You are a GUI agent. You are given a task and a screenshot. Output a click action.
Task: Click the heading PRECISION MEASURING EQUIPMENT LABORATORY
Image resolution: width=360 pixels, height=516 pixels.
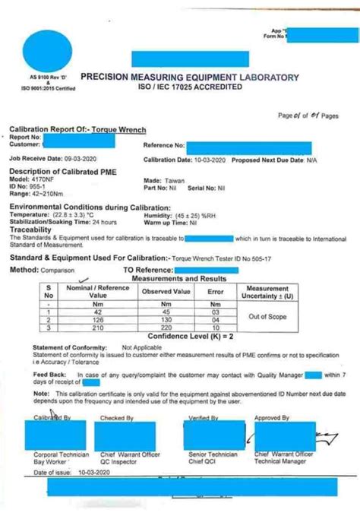(x=189, y=77)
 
